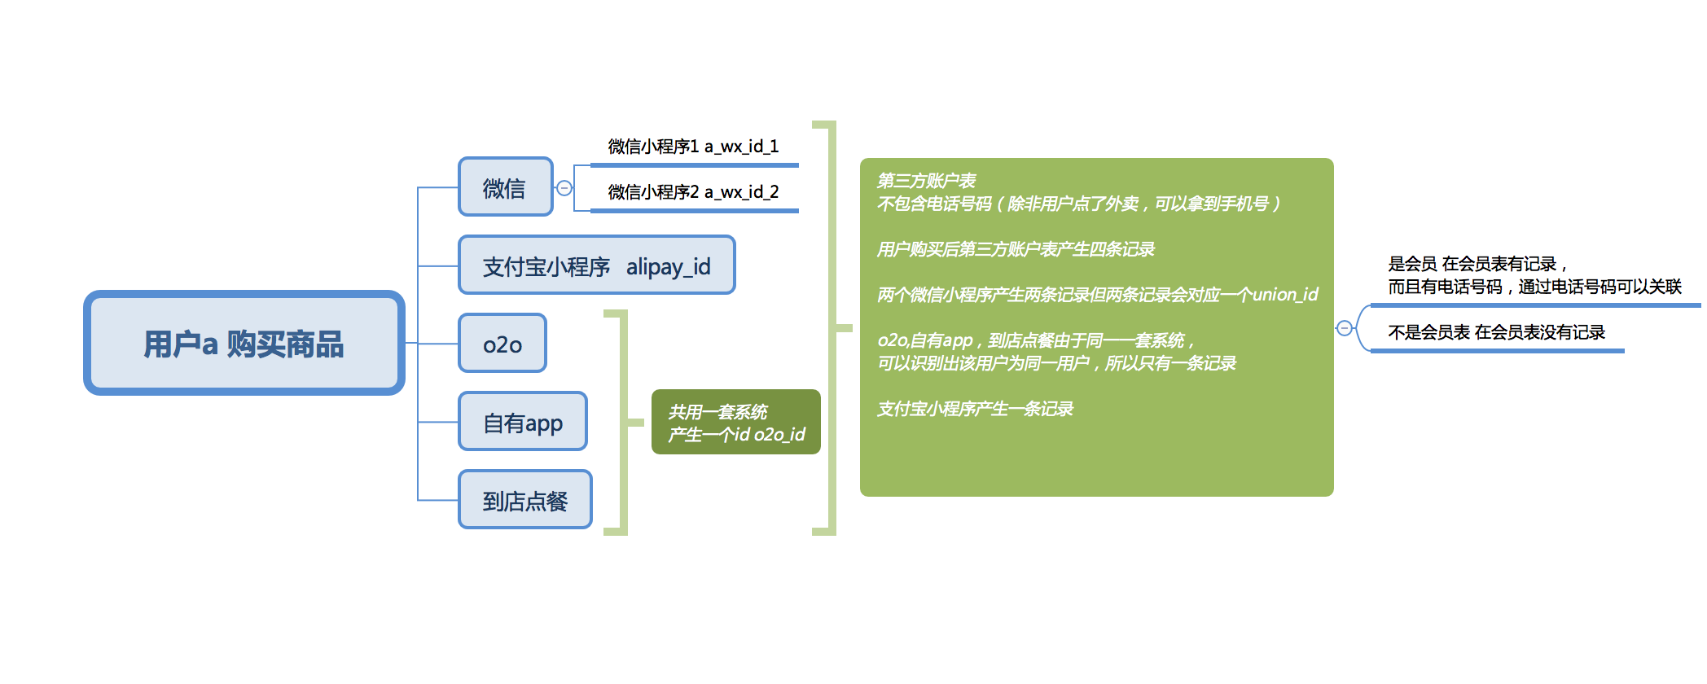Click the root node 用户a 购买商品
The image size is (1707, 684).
(244, 344)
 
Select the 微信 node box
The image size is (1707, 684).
(505, 188)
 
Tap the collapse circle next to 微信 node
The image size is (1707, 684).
(564, 188)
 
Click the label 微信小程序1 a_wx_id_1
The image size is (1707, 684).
(693, 147)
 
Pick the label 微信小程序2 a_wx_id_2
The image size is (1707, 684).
(693, 192)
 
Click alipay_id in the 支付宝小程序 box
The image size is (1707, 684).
(668, 266)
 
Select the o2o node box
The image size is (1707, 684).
(502, 344)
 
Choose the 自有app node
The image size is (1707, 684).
(523, 423)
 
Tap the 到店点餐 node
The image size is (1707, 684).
(525, 501)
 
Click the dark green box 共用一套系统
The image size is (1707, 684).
(735, 422)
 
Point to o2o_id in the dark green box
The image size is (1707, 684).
(779, 435)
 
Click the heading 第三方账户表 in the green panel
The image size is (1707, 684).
(926, 181)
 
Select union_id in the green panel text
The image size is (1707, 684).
(1284, 295)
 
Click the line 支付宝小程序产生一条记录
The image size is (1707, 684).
(975, 409)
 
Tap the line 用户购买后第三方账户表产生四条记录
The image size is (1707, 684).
(1016, 249)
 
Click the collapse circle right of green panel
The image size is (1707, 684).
(1345, 328)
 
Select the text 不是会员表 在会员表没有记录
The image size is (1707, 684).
(1496, 332)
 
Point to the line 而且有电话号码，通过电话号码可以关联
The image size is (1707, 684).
(1534, 287)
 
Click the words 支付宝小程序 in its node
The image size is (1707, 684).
(546, 267)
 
